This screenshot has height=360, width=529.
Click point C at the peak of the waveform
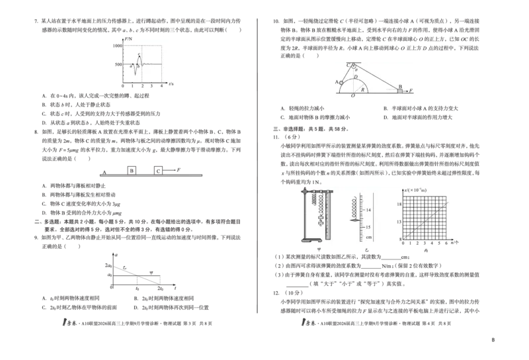coord(138,55)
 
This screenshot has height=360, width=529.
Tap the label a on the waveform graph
coord(131,66)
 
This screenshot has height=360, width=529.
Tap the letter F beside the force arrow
coord(411,89)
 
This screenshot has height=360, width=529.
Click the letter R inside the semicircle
coord(362,88)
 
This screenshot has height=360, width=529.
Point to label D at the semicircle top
coord(355,77)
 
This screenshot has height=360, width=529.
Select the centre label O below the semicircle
coord(352,97)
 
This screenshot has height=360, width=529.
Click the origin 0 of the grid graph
coord(399,240)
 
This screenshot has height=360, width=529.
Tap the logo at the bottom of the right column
coord(307,322)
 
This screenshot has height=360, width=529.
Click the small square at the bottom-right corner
coord(491,338)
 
